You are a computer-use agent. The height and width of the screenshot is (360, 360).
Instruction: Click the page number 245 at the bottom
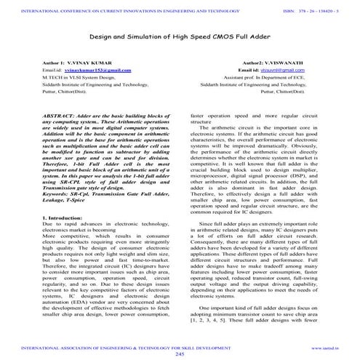click(180, 354)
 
